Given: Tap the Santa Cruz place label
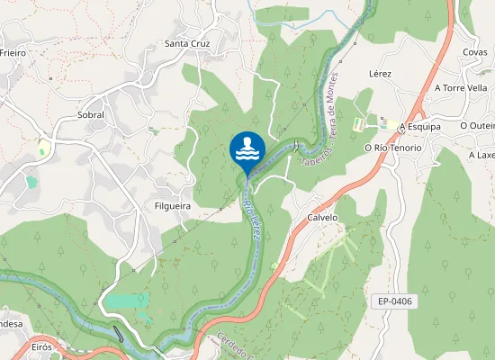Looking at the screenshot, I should click(x=187, y=43).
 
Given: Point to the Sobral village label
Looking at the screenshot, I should click(x=91, y=115).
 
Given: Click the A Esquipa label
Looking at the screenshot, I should click(x=421, y=127).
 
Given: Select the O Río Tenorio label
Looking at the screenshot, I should click(x=392, y=148).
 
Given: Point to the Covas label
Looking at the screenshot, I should click(x=475, y=52).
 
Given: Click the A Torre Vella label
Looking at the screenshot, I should click(x=460, y=88).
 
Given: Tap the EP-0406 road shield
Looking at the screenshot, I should click(x=396, y=301).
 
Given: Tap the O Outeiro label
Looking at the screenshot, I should click(x=477, y=126).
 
